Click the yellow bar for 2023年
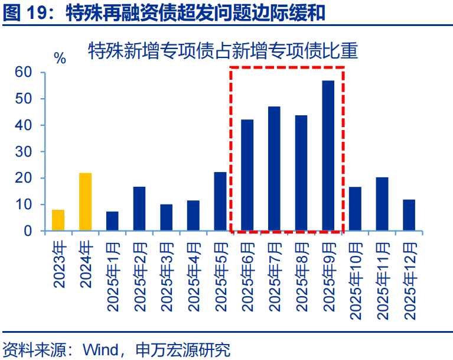(x=58, y=220)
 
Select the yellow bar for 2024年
(x=85, y=202)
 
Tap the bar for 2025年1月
(x=112, y=221)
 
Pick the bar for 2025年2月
(x=139, y=209)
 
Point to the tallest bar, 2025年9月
(x=328, y=155)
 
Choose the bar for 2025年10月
(x=355, y=209)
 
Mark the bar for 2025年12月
(x=409, y=215)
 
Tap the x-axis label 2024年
(x=86, y=264)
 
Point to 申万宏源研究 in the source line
(x=182, y=349)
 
